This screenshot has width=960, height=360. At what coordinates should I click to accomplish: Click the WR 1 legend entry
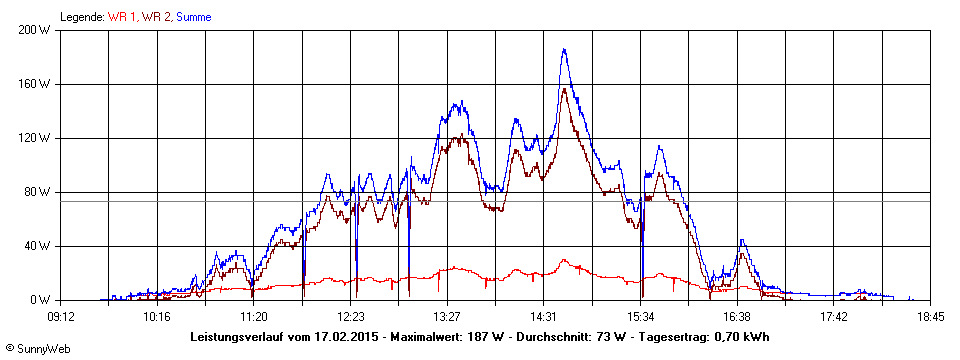tap(123, 17)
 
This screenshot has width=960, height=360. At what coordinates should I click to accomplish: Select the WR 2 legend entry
tap(157, 17)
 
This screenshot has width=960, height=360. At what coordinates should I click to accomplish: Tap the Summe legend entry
tap(196, 17)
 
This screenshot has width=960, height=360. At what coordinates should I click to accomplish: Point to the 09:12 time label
tap(60, 316)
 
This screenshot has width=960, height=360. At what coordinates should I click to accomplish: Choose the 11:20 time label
tap(254, 316)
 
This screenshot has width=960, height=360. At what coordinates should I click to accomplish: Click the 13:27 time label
tap(447, 316)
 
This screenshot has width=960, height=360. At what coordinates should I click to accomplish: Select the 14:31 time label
tap(544, 316)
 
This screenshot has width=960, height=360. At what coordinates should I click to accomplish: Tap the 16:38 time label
tap(737, 316)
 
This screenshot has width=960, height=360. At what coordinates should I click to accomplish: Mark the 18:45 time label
tap(930, 316)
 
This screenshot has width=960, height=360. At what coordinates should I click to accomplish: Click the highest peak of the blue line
tap(564, 50)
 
